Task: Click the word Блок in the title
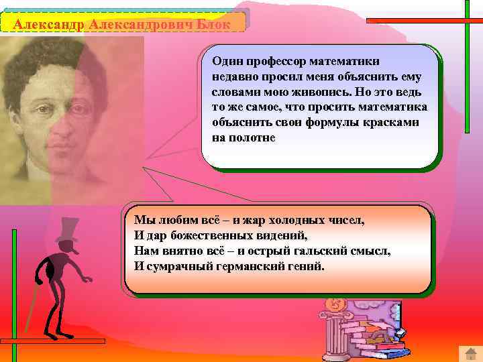pos(213,24)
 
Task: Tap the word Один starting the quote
pos(226,61)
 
